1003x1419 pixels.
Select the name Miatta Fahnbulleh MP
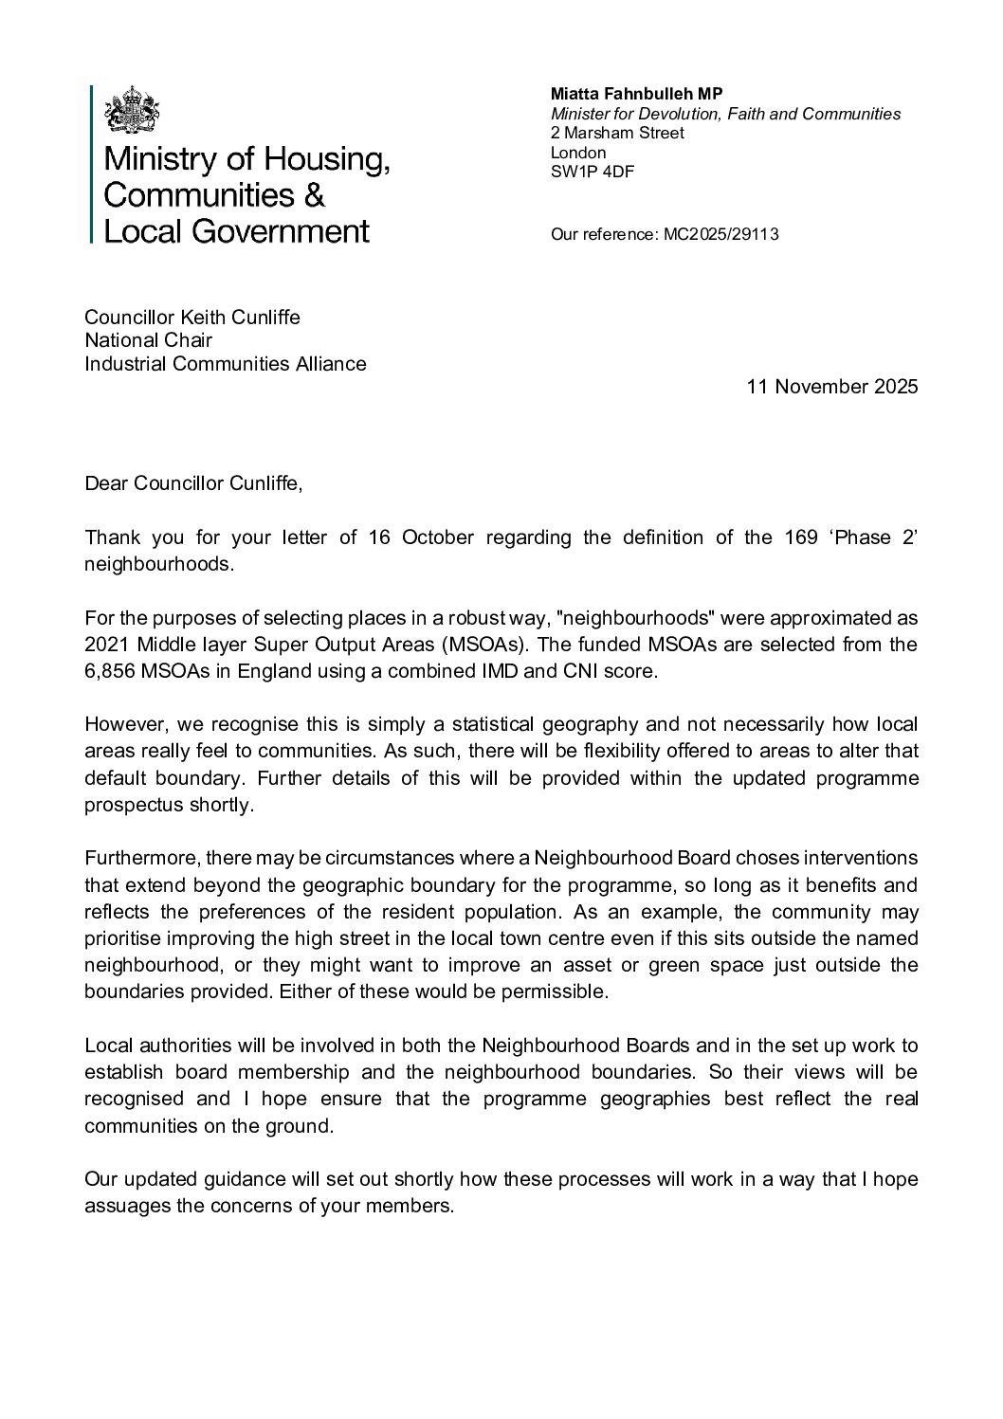(636, 95)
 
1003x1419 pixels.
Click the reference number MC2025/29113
(718, 234)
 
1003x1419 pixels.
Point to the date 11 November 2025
(832, 387)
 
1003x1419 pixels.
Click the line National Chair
(149, 339)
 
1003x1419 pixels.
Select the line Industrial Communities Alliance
(226, 363)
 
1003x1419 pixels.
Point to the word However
(121, 725)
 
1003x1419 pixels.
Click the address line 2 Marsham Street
(617, 133)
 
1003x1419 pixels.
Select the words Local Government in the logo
(236, 230)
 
